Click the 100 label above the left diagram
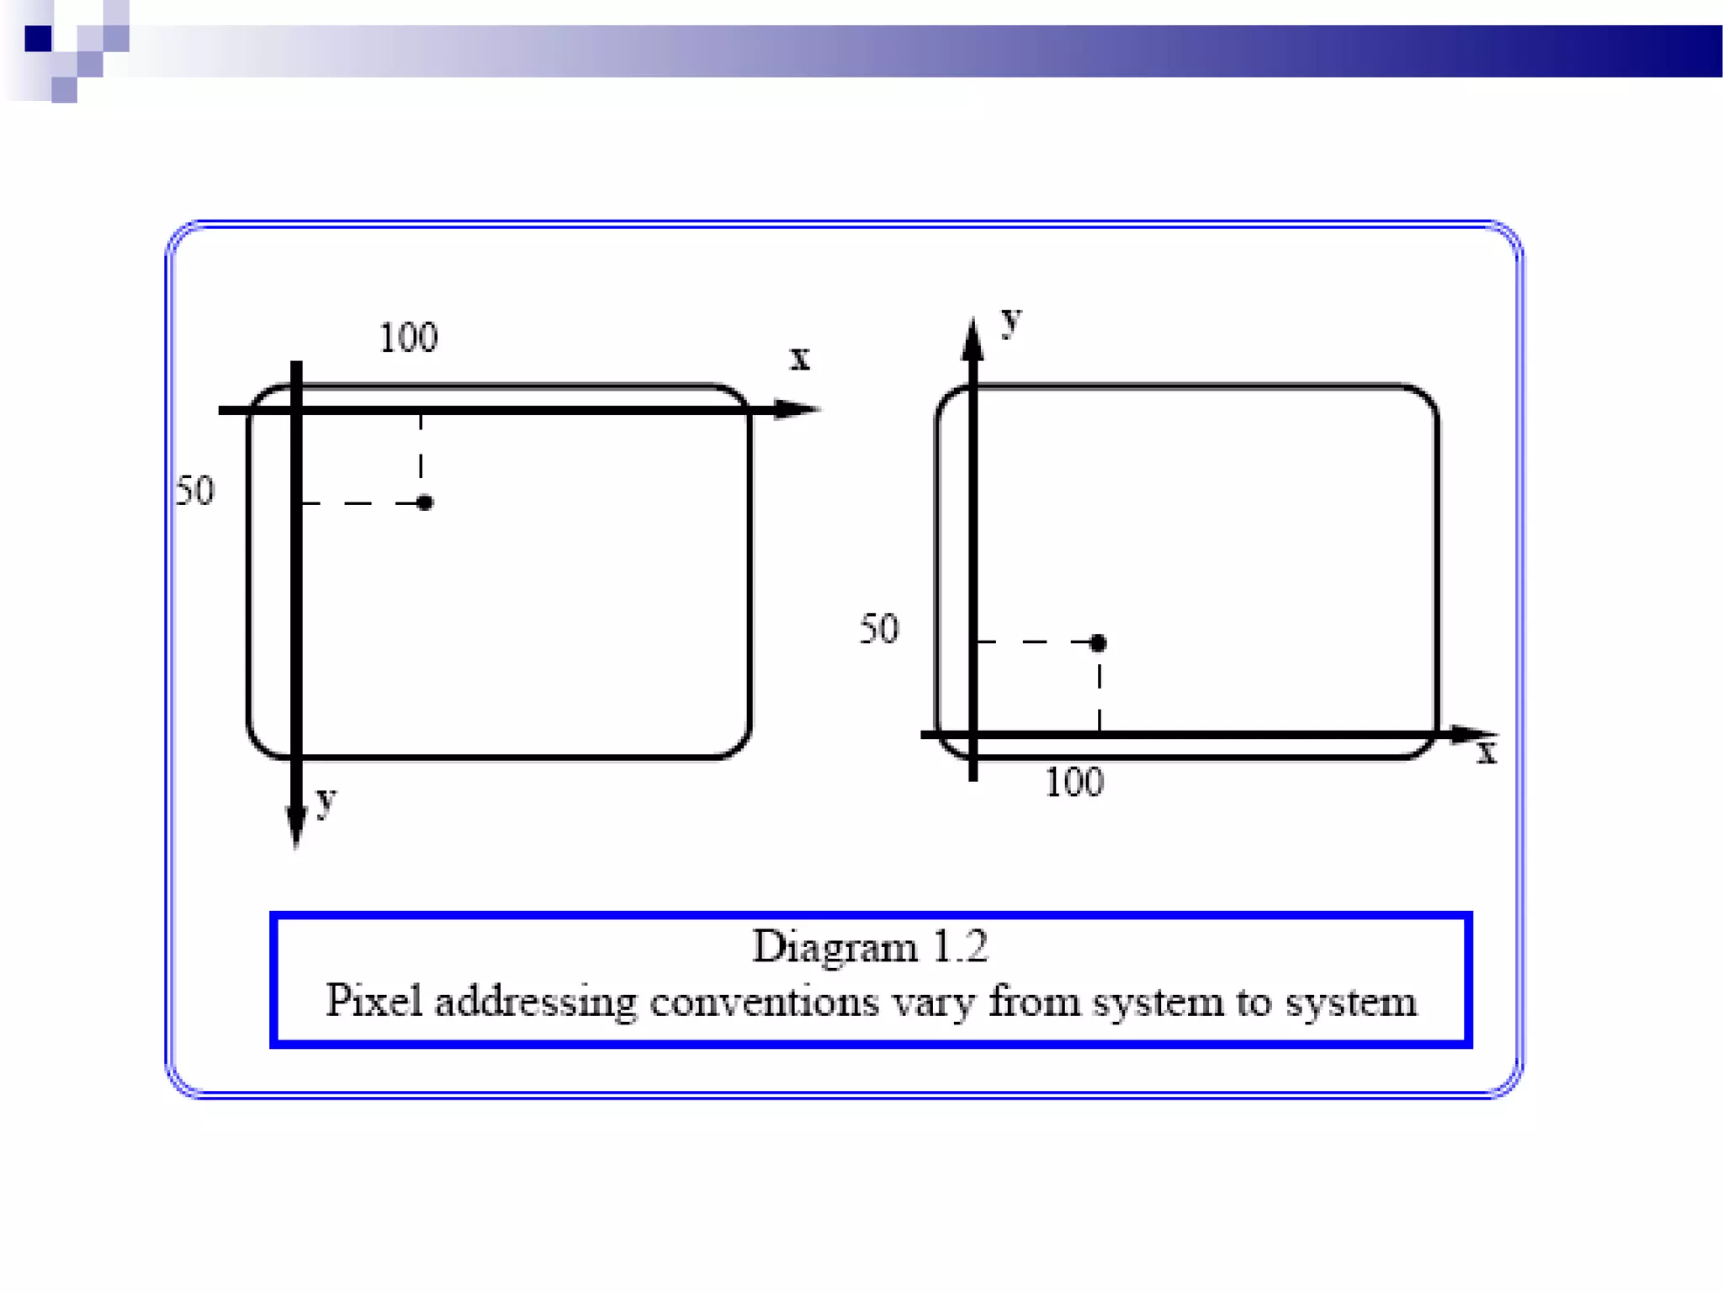(408, 338)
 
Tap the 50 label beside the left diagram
(195, 491)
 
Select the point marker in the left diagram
(425, 503)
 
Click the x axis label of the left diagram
(799, 359)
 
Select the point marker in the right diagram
(1098, 643)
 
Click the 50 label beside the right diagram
(879, 630)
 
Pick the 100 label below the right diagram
(1074, 783)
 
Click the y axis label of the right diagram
(1011, 321)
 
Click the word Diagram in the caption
(834, 948)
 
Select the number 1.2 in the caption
(960, 947)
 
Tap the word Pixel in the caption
(374, 1001)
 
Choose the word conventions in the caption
(764, 1002)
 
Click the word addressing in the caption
(536, 1002)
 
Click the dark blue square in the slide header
(39, 39)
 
